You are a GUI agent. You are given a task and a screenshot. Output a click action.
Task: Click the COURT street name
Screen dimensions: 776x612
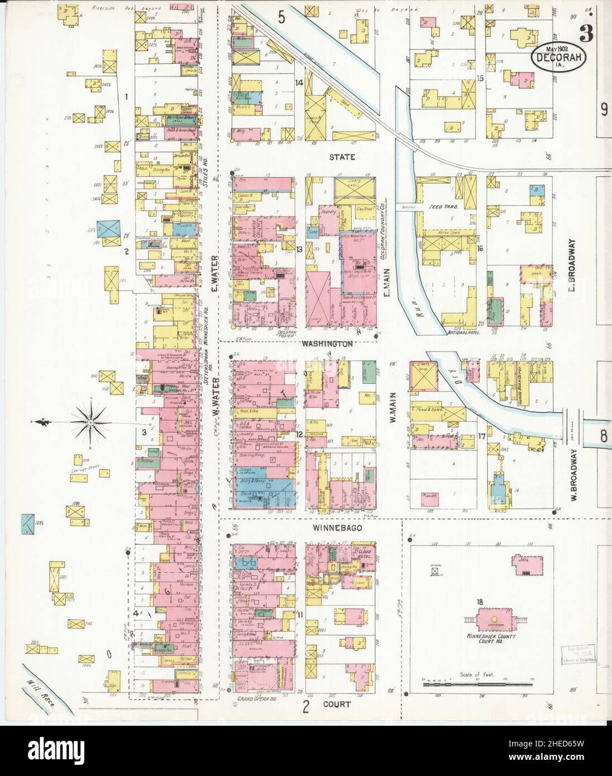337,705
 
